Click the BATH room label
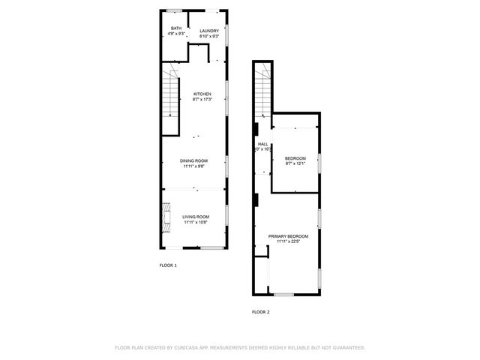175,29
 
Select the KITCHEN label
202,94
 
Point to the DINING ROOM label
193,160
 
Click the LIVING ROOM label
195,217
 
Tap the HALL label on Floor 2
262,144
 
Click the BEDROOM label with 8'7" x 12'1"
295,158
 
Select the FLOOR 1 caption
168,265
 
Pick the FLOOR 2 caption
260,311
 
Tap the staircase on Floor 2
262,90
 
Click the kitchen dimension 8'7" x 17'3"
202,99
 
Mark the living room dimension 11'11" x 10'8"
195,223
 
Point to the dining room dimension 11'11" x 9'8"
193,166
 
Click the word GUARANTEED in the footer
346,348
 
